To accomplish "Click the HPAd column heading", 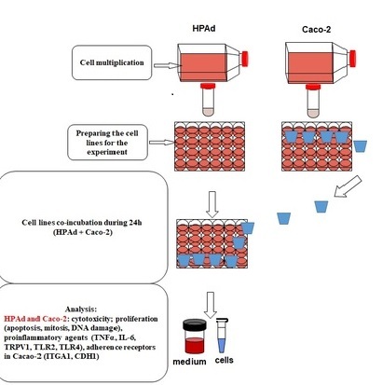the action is point(204,28).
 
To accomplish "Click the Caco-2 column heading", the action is point(316,30).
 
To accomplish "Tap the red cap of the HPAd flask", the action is point(245,59).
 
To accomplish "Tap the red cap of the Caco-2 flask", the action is point(352,59).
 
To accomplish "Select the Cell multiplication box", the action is point(112,62).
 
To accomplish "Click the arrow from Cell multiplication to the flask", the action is point(168,65).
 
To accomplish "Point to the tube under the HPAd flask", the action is point(208,100).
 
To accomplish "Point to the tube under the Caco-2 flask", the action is point(313,102).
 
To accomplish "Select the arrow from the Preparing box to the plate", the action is point(161,143).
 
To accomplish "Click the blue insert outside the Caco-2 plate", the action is point(361,146).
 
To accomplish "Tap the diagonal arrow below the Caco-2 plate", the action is point(348,186).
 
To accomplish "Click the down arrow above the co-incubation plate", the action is point(212,204).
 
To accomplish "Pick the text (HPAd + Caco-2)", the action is point(83,232).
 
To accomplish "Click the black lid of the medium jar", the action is point(195,324).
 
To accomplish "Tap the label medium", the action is point(189,362).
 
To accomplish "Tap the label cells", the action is point(225,360).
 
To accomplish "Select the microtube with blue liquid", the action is point(222,336).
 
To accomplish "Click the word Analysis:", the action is point(81,309).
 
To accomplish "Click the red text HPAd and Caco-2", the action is point(35,319).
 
